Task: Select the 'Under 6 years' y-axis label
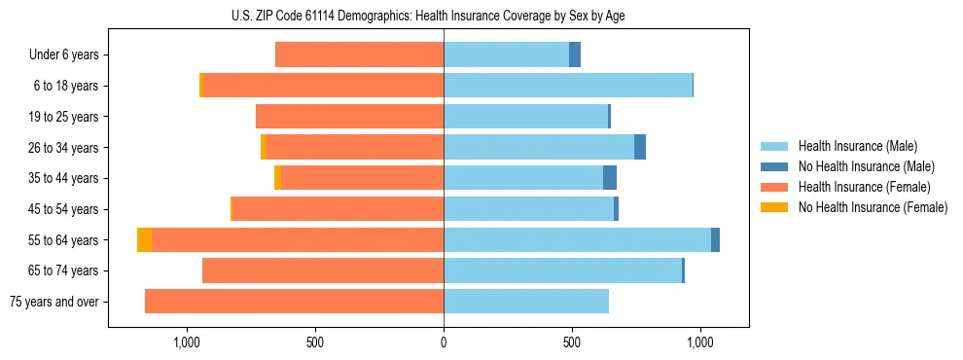click(x=63, y=55)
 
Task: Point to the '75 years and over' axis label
click(x=54, y=302)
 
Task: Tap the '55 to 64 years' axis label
click(x=64, y=240)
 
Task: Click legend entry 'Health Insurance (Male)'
click(x=857, y=146)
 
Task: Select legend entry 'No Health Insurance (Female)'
click(x=873, y=207)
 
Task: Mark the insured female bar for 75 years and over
click(x=294, y=302)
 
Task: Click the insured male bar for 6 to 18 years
click(x=568, y=86)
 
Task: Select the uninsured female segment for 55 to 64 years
click(x=144, y=240)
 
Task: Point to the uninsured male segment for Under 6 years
click(x=575, y=55)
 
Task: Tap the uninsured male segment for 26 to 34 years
click(x=640, y=148)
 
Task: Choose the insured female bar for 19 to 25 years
click(x=349, y=117)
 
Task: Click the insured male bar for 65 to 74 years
click(x=562, y=270)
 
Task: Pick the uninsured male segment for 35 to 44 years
click(x=610, y=178)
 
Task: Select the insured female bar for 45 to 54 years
click(x=338, y=209)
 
